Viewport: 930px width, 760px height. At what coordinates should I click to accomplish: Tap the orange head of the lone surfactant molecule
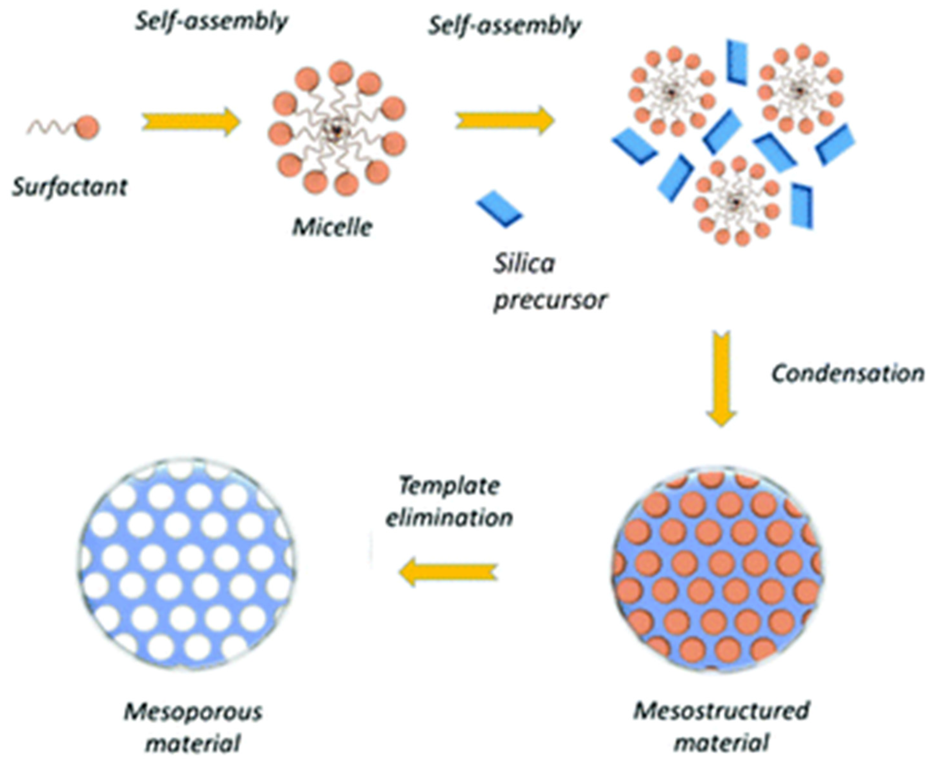[x=88, y=127]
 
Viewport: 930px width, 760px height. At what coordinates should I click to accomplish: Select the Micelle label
[x=332, y=228]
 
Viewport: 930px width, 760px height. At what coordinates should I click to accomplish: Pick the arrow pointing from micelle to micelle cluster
[x=505, y=120]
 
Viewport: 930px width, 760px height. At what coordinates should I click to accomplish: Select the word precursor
[x=550, y=300]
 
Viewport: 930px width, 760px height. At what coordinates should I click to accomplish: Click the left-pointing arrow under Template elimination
[x=449, y=574]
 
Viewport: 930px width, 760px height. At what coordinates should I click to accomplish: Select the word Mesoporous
[x=193, y=712]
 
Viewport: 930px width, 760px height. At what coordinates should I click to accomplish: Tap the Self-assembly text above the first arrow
[x=211, y=21]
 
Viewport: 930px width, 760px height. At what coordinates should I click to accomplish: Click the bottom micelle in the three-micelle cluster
[x=736, y=201]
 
